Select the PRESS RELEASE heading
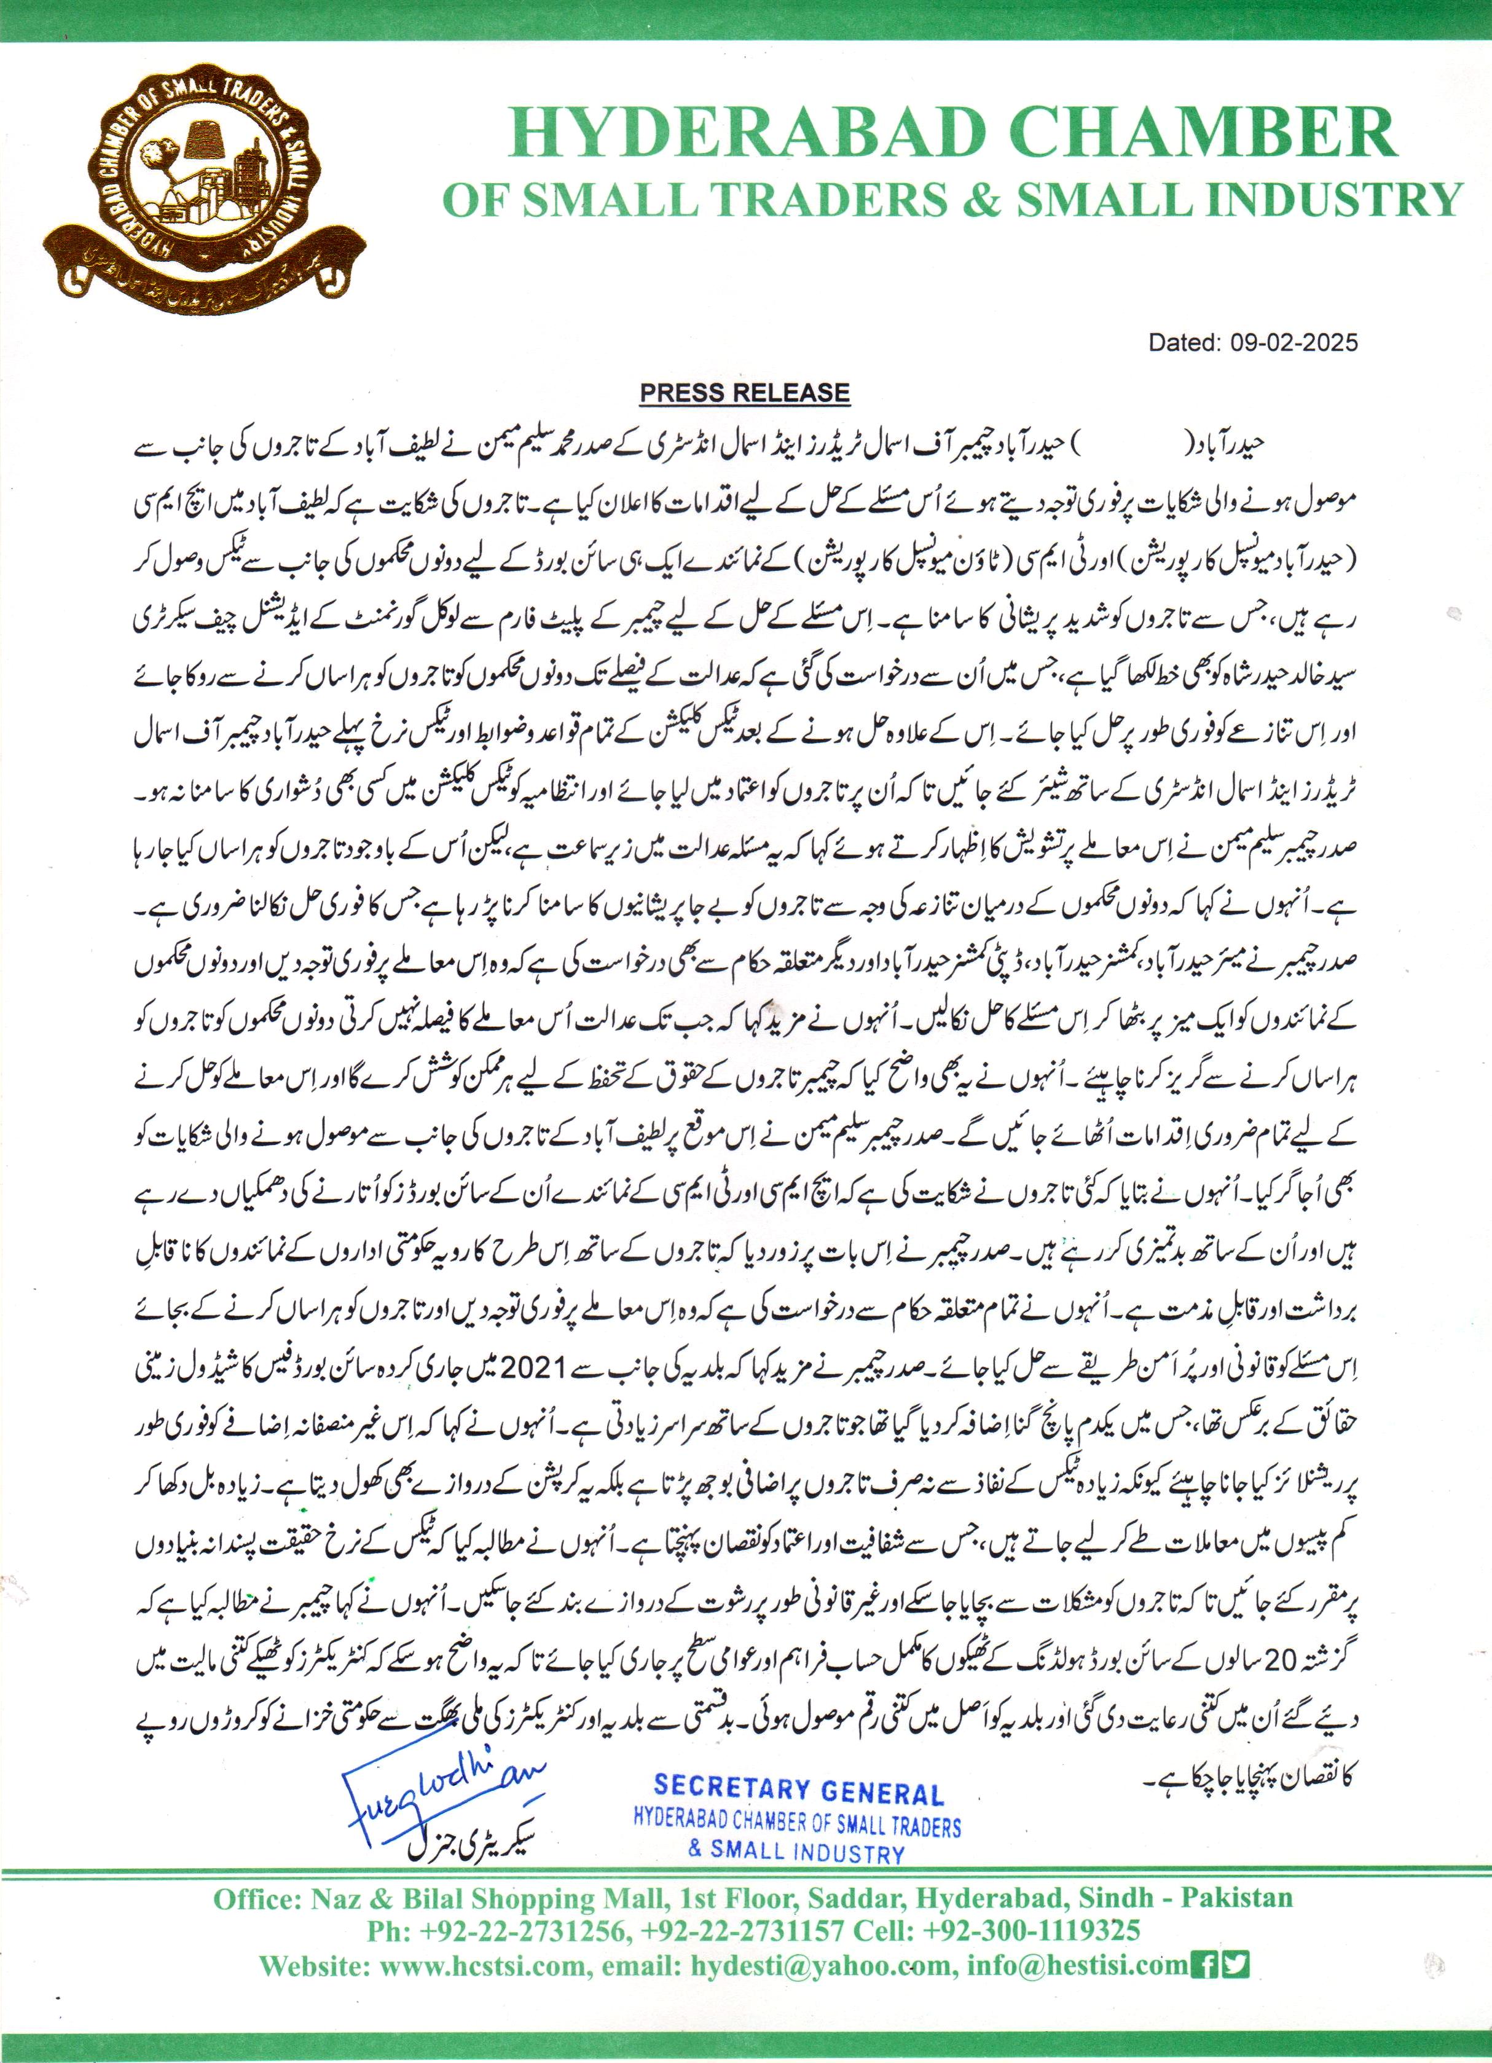[744, 393]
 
